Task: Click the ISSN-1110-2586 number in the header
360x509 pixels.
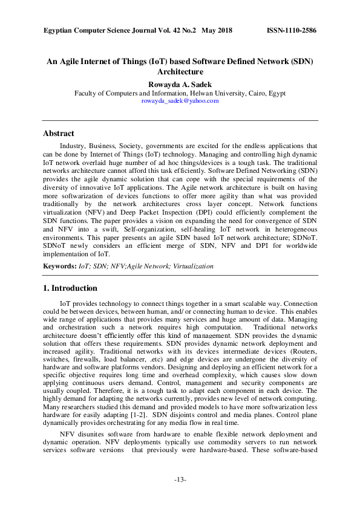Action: point(292,30)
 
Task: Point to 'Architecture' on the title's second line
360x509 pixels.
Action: point(180,71)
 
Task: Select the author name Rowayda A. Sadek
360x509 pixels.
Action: point(180,84)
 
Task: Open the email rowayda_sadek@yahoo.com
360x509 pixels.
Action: point(180,101)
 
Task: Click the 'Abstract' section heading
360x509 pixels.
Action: point(59,134)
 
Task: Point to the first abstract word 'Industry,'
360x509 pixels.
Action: point(74,146)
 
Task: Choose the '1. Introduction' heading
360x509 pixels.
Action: point(70,288)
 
